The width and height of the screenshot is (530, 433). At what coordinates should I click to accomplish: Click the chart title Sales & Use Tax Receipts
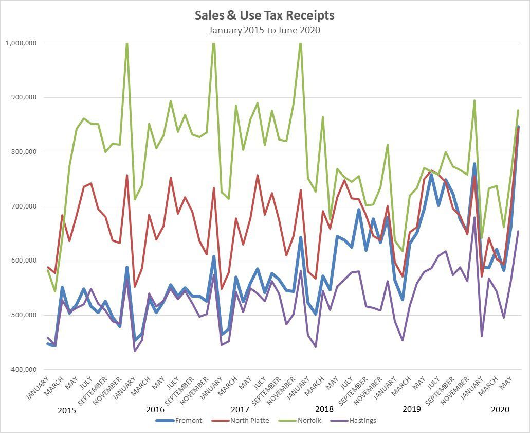(x=264, y=15)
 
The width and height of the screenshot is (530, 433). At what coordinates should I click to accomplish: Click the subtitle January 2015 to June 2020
(x=264, y=30)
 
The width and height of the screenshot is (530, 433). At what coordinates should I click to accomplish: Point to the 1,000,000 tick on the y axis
(x=21, y=43)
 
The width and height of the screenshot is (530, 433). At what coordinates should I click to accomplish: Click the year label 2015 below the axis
(x=67, y=411)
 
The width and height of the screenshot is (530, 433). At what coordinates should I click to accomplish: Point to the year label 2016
(x=155, y=410)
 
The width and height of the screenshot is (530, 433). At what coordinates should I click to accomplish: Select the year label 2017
(x=240, y=410)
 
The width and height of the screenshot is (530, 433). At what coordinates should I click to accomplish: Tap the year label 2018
(x=324, y=410)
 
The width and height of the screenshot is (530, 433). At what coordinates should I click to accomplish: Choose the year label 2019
(x=411, y=410)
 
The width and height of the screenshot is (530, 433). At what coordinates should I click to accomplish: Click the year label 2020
(x=500, y=410)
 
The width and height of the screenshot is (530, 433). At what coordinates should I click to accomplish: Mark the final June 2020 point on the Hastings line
(x=518, y=231)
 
